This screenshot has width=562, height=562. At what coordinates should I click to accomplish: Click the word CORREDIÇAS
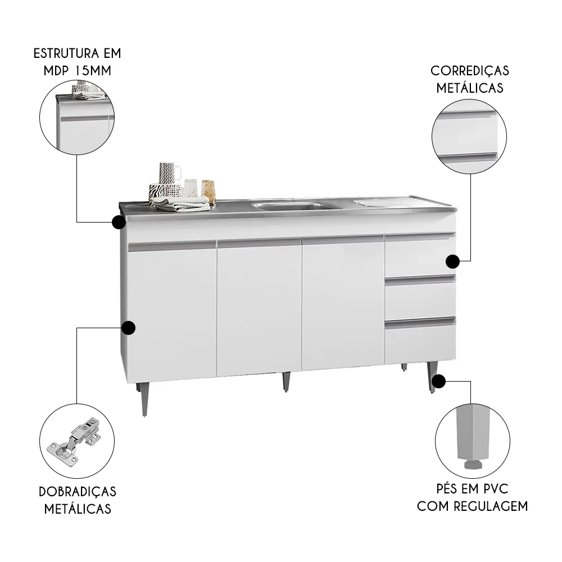tap(470, 71)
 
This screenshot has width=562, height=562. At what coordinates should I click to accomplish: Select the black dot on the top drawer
tap(453, 261)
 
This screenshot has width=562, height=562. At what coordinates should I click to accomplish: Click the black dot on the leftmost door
tap(129, 328)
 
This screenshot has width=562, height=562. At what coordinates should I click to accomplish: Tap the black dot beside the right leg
tap(439, 382)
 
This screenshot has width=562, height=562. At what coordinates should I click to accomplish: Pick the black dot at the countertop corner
tap(119, 223)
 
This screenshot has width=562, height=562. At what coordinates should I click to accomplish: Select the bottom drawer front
tap(420, 342)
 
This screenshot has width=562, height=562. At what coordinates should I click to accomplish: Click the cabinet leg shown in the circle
tap(472, 436)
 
